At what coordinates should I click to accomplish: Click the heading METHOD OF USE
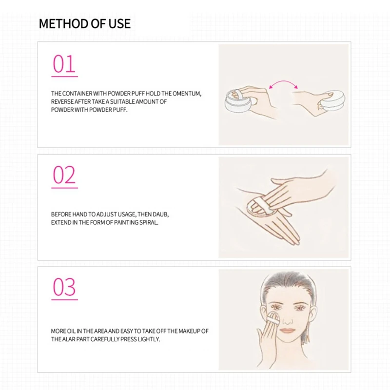[84, 24]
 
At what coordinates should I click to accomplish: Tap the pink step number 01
[64, 64]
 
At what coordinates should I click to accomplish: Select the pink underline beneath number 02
[65, 187]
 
